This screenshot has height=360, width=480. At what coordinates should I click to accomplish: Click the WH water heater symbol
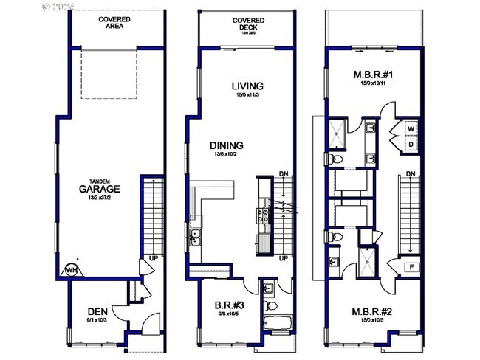(72, 270)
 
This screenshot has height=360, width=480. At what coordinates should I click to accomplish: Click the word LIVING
(248, 87)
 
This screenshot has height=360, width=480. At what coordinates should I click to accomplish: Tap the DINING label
(227, 145)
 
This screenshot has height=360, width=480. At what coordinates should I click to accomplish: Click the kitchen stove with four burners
(262, 215)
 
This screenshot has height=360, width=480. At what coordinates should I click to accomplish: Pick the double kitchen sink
(196, 237)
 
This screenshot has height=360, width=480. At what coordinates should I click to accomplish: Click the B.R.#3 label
(229, 304)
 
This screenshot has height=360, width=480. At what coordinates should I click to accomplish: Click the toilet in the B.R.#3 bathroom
(271, 305)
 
